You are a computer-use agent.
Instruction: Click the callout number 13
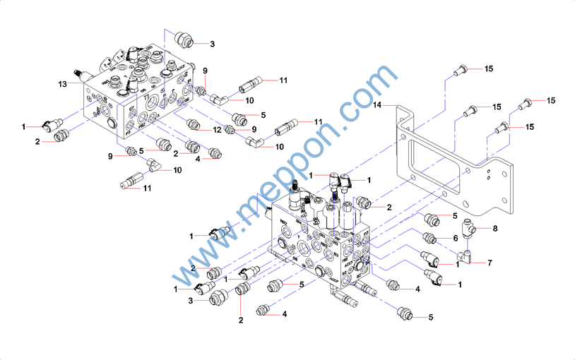61,84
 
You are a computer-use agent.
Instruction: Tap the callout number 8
495,228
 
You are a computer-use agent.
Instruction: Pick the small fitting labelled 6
427,236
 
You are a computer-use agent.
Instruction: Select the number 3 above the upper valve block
211,44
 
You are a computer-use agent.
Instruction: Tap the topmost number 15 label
488,68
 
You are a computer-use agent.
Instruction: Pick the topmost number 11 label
283,80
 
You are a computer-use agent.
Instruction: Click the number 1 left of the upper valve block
23,126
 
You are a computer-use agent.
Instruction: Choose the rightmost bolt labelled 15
526,104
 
